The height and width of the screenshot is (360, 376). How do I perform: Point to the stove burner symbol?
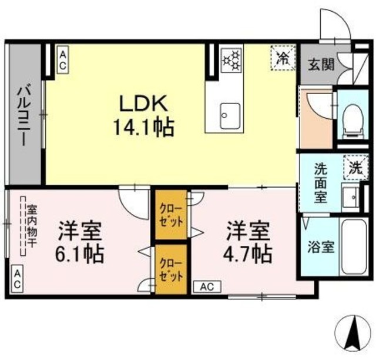231,58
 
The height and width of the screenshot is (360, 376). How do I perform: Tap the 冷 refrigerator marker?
283,58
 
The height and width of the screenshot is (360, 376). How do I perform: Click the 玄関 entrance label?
322,64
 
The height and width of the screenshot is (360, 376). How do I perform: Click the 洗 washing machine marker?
355,166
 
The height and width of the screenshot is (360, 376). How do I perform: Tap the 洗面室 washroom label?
321,183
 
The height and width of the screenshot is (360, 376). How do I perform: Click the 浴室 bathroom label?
321,246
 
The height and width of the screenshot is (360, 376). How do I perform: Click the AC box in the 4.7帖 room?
206,287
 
